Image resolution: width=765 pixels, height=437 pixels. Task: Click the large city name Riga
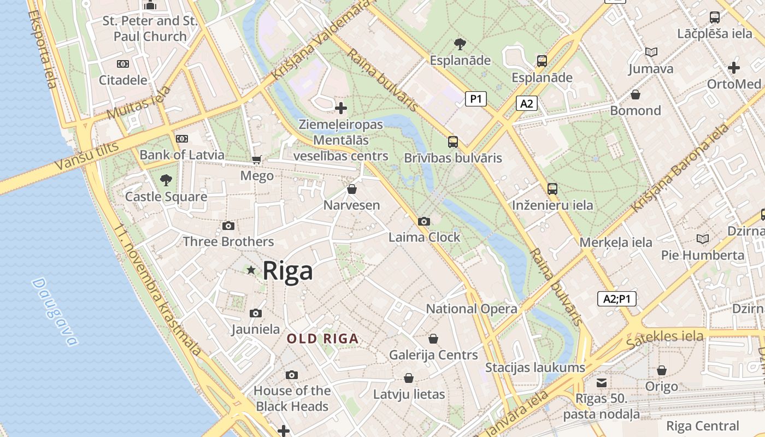[x=288, y=271]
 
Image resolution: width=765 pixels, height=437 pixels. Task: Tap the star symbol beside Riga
[x=251, y=270]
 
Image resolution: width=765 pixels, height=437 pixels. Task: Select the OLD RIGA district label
[x=323, y=339]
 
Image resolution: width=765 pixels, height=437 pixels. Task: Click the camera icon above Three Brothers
[x=228, y=226]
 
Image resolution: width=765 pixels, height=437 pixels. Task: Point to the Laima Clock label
[x=424, y=238]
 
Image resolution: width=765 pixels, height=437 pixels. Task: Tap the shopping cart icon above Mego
[x=256, y=160]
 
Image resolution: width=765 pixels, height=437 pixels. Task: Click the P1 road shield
[x=475, y=99]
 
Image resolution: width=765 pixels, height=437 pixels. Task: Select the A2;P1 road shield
[x=616, y=299]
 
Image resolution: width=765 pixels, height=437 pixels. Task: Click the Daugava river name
[x=55, y=312]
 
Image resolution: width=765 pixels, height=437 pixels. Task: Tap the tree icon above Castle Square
[x=166, y=180]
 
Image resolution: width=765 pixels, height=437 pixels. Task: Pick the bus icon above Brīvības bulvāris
[x=452, y=142]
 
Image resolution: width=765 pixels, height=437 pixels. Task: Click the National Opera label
[x=471, y=309]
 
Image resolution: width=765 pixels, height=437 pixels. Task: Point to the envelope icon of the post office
[x=601, y=382]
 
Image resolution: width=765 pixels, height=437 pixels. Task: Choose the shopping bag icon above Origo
[x=661, y=370]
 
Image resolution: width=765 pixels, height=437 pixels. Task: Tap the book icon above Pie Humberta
[x=702, y=239]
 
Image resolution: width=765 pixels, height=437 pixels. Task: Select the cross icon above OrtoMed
[x=733, y=68]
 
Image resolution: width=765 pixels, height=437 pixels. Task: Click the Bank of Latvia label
[x=181, y=155]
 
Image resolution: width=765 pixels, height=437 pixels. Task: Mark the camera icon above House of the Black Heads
[x=292, y=375]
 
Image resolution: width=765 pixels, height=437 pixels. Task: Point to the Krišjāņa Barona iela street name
[x=680, y=169]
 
